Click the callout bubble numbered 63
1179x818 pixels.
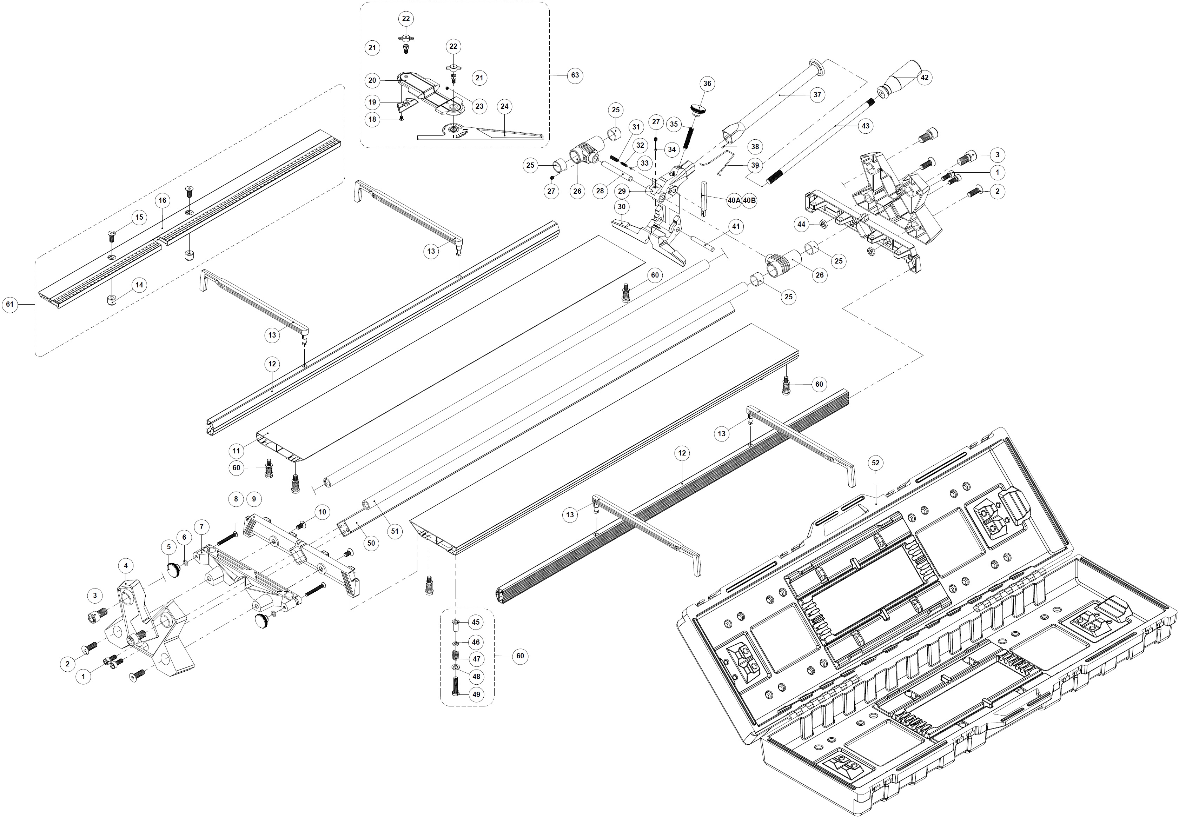575,75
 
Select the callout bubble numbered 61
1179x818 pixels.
10,305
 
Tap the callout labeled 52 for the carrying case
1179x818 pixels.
875,463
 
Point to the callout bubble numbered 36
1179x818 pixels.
707,84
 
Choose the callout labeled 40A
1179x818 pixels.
734,200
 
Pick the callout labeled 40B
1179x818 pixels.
749,200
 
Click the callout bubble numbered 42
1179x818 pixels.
924,78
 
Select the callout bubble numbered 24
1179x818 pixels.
504,106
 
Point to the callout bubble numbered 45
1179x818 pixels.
476,622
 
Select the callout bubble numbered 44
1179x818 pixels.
801,224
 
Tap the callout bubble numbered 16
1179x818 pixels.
163,200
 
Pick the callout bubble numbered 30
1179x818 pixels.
622,207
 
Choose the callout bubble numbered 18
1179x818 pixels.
372,119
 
